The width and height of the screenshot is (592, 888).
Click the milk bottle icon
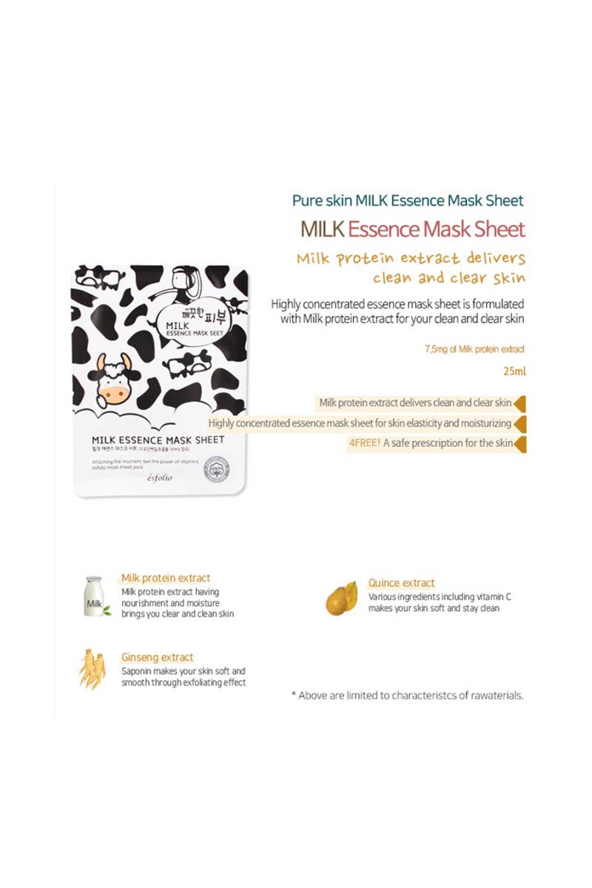point(94,597)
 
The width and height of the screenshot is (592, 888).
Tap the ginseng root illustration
point(92,669)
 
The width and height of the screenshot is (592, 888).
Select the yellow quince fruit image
point(342,599)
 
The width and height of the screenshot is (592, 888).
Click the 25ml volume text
point(514,368)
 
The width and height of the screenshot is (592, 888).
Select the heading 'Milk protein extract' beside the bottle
point(166,578)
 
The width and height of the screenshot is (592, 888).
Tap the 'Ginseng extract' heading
point(157,657)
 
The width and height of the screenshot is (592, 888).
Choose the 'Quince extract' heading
point(402,583)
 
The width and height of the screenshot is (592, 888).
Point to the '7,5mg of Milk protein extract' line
point(468,348)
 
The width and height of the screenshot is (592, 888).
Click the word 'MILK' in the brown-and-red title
point(322,229)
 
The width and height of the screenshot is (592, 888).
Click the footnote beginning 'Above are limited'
point(408,696)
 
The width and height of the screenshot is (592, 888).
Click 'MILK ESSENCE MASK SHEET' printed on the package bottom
point(158,440)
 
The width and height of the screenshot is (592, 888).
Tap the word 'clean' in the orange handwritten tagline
point(399,279)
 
